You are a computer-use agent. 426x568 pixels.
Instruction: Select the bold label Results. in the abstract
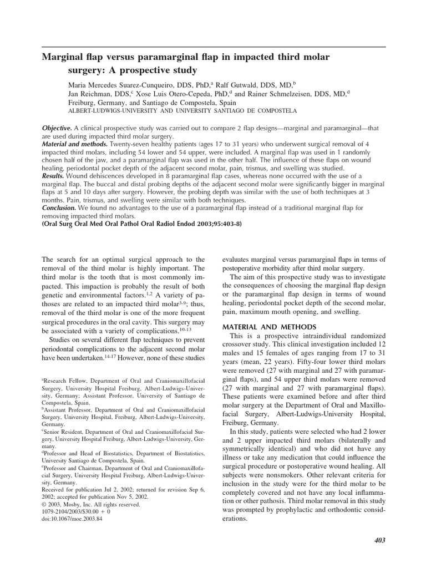pos(55,173)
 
